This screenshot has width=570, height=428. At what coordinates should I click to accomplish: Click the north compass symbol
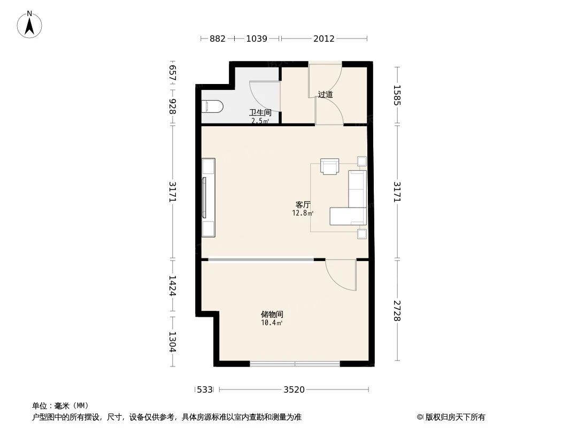pyautogui.click(x=30, y=25)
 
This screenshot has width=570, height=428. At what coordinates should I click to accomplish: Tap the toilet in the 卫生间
pyautogui.click(x=212, y=106)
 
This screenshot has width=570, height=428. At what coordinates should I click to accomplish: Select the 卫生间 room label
pyautogui.click(x=260, y=113)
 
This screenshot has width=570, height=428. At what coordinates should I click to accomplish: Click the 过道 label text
pyautogui.click(x=325, y=95)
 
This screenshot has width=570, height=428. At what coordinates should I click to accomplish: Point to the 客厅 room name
pyautogui.click(x=303, y=204)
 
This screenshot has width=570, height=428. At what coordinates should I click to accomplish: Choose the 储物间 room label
pyautogui.click(x=272, y=315)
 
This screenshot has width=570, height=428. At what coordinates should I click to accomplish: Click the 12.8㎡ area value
pyautogui.click(x=303, y=213)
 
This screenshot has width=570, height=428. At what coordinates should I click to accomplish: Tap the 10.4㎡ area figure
pyautogui.click(x=272, y=323)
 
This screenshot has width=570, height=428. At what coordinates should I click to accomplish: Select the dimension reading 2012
pyautogui.click(x=324, y=39)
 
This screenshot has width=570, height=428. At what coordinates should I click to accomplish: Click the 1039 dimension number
pyautogui.click(x=256, y=39)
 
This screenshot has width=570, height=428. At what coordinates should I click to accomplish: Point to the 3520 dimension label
pyautogui.click(x=294, y=389)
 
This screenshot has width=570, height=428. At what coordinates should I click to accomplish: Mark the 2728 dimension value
pyautogui.click(x=397, y=310)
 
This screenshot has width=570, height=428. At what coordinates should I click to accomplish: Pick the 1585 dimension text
pyautogui.click(x=397, y=95)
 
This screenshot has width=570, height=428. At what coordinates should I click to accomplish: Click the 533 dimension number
pyautogui.click(x=205, y=389)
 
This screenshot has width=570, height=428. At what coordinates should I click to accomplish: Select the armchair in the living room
pyautogui.click(x=330, y=166)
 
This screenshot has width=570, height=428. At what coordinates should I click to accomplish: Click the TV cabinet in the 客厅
pyautogui.click(x=208, y=197)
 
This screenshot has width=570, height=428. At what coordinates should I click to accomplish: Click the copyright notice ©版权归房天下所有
pyautogui.click(x=451, y=417)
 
